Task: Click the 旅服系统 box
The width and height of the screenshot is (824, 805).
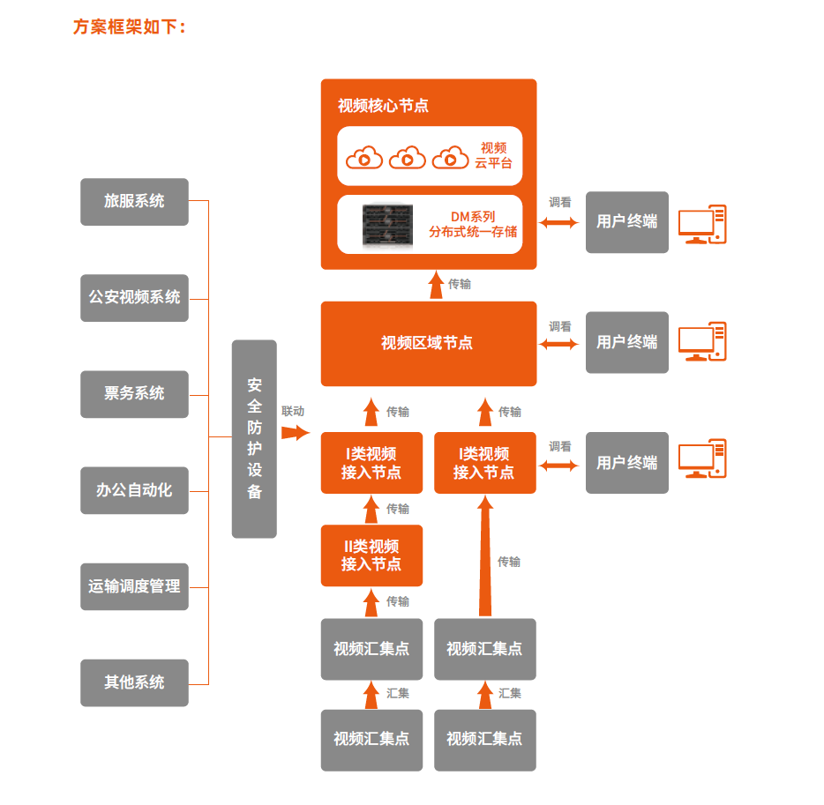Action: tap(134, 202)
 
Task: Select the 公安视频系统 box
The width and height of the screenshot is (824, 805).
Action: tap(134, 298)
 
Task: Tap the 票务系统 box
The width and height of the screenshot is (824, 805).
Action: tap(134, 394)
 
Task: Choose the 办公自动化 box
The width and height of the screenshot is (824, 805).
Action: tap(134, 490)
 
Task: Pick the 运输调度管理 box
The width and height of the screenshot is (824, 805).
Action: tap(134, 586)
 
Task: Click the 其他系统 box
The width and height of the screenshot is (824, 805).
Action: tap(134, 682)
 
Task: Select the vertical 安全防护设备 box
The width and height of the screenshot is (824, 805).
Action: tap(254, 438)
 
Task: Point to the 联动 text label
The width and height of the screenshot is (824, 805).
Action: tap(293, 411)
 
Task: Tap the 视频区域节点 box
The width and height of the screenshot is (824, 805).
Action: tap(428, 344)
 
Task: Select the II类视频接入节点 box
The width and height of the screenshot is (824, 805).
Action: tap(371, 555)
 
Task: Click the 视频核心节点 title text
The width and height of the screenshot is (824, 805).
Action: tap(383, 106)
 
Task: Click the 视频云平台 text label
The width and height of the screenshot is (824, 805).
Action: tap(493, 155)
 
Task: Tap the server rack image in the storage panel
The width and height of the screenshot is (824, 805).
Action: tap(387, 225)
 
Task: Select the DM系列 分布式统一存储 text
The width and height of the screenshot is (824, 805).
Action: tap(473, 224)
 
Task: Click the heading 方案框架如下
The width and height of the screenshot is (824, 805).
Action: tap(129, 27)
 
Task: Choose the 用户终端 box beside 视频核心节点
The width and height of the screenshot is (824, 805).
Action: tap(626, 222)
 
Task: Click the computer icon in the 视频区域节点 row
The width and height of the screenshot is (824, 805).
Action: tap(702, 342)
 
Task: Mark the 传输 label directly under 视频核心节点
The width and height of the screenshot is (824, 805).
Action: tap(460, 284)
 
